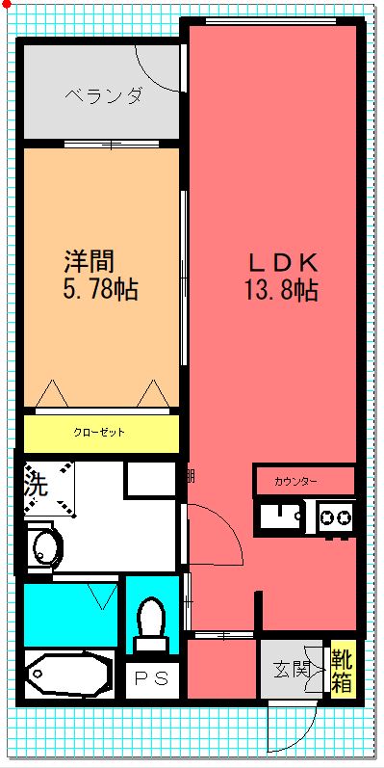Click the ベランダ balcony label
pyautogui.click(x=104, y=95)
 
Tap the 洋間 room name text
pyautogui.click(x=90, y=261)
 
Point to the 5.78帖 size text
pyautogui.click(x=100, y=289)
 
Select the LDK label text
pyautogui.click(x=284, y=264)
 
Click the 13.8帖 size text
pyautogui.click(x=281, y=290)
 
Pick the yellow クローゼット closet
pyautogui.click(x=101, y=434)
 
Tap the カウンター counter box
pyautogui.click(x=304, y=482)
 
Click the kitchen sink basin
pyautogui.click(x=281, y=516)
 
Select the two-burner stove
pyautogui.click(x=336, y=517)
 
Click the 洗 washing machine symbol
pyautogui.click(x=49, y=489)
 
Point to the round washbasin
pyautogui.click(x=47, y=547)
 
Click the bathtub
pyautogui.click(x=69, y=675)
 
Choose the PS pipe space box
pyautogui.click(x=152, y=678)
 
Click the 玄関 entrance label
pyautogui.click(x=292, y=669)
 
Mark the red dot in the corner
pyautogui.click(x=7, y=5)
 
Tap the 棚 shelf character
pyautogui.click(x=191, y=476)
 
